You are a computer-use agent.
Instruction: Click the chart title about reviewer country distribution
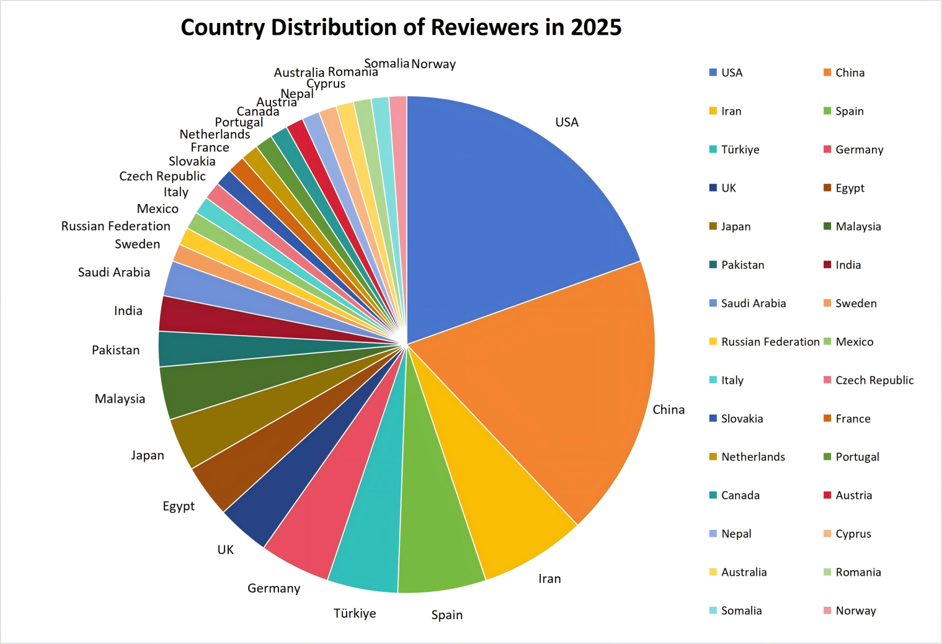tap(401, 27)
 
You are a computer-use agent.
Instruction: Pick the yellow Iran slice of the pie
tap(490, 496)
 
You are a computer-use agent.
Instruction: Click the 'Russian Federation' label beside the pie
tap(115, 226)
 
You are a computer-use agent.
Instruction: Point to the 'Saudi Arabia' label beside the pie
tap(114, 272)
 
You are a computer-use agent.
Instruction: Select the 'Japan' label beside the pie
tap(148, 455)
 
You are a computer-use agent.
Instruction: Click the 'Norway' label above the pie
tap(433, 64)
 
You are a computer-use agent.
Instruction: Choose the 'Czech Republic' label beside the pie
tap(162, 176)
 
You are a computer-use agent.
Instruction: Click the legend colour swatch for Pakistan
tap(713, 265)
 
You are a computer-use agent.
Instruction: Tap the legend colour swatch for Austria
tap(827, 495)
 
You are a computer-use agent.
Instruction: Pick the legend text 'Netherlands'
tap(753, 457)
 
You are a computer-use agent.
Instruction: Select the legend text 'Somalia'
tap(741, 611)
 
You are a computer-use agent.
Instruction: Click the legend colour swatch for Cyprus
tap(827, 534)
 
